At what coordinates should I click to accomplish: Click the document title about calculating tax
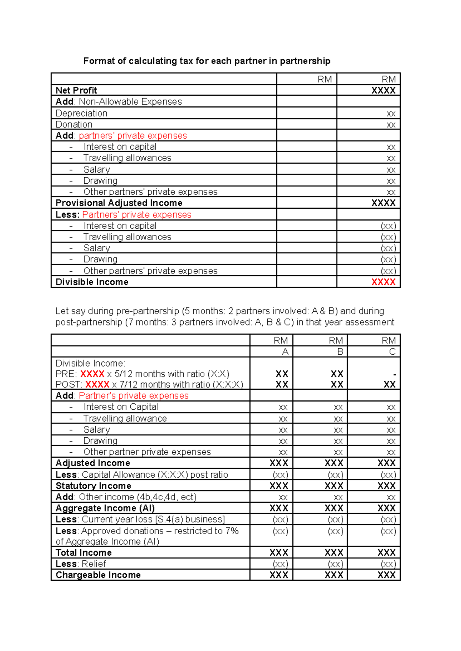tap(207, 61)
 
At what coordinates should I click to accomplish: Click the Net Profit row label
tap(76, 90)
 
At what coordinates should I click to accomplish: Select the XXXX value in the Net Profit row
tap(383, 90)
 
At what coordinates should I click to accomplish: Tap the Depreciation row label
tap(81, 113)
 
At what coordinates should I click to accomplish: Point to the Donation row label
tap(74, 125)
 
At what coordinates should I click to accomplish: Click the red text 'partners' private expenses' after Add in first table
tap(133, 136)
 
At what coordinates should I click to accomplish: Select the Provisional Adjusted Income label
tap(119, 203)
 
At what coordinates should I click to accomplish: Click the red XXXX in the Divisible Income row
tap(383, 282)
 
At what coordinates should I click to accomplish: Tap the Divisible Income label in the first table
tap(92, 282)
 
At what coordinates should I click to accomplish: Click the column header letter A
tap(285, 352)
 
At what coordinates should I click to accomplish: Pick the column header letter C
tap(392, 352)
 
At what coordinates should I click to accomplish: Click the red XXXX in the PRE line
tap(92, 374)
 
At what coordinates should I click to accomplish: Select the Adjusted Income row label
tap(93, 463)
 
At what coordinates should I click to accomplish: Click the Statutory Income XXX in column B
tap(333, 486)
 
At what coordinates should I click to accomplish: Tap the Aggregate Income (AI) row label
tap(105, 508)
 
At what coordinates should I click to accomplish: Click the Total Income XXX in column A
tap(279, 553)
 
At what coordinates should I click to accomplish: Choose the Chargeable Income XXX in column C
tap(386, 575)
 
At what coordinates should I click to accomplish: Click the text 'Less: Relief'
tap(81, 564)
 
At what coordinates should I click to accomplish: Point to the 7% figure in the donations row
tap(232, 531)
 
